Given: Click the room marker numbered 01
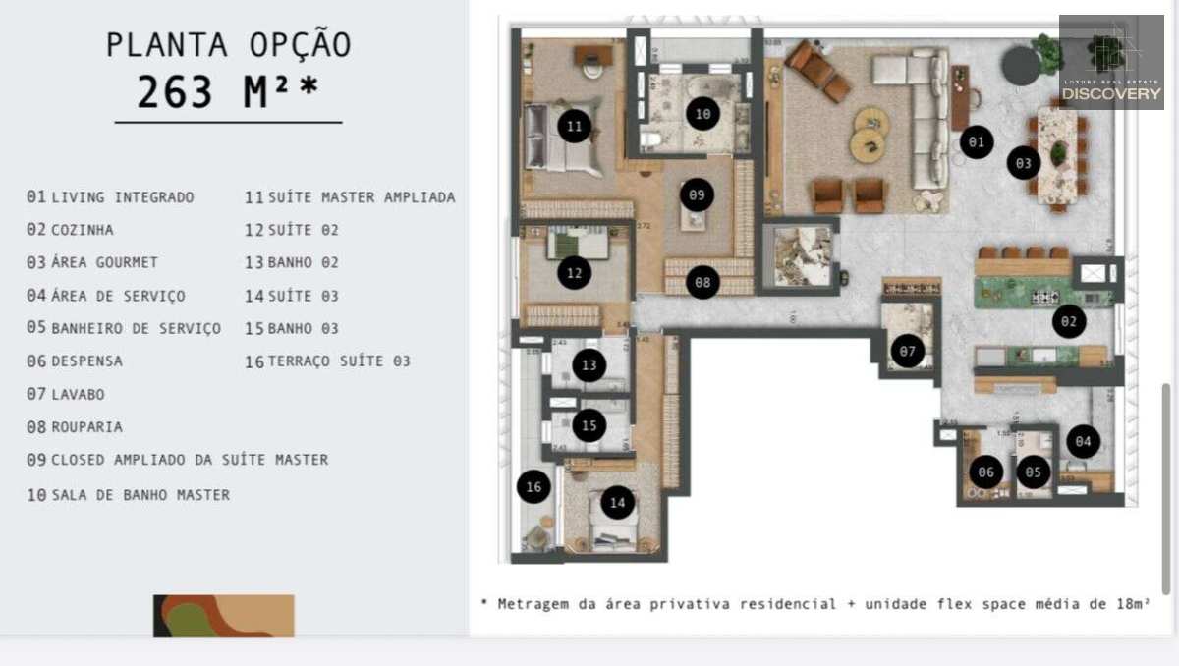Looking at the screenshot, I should click(976, 142).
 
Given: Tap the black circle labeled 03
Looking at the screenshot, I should click(1023, 163).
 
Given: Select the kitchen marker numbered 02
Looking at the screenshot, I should click(1069, 321).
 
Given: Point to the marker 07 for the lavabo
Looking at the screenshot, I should click(907, 351).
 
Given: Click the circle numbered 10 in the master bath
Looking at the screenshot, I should click(702, 114).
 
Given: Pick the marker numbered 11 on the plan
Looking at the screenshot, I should click(574, 126).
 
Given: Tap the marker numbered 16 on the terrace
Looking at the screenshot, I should click(533, 486).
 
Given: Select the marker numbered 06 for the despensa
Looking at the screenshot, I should click(986, 472).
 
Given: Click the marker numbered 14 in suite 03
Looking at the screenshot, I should click(617, 504).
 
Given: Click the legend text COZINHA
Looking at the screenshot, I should click(82, 230).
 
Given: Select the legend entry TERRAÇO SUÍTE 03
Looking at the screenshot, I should click(339, 361).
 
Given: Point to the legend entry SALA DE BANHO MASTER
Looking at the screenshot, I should click(140, 495).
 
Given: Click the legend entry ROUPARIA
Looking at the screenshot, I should click(86, 427).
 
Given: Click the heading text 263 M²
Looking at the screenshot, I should click(227, 92).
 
